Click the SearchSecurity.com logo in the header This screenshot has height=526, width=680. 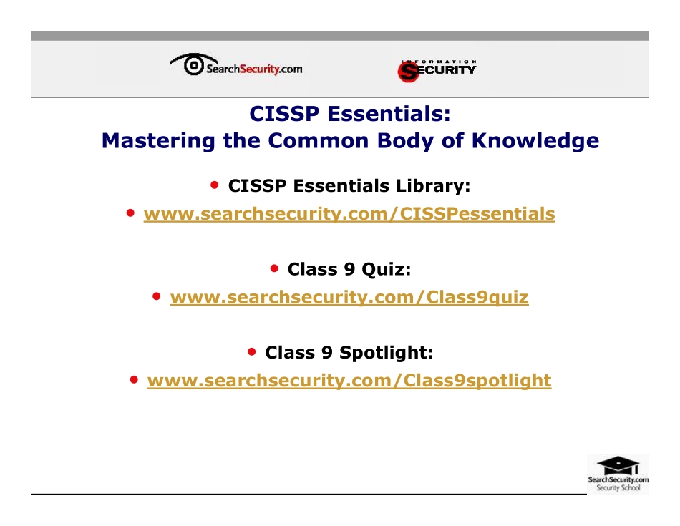pos(236,67)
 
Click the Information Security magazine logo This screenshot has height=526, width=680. pos(437,69)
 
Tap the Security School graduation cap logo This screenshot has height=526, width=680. pos(618,473)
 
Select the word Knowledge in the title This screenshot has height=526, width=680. pos(535,140)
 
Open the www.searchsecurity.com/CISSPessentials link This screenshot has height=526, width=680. pos(349,214)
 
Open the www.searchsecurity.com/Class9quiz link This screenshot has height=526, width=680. pos(349,297)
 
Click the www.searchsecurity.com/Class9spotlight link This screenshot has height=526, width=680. pos(349,380)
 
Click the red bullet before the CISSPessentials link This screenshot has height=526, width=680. pos(131,213)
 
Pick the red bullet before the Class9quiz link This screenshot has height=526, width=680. pos(157,296)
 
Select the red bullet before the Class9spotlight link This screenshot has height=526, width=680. pos(135,379)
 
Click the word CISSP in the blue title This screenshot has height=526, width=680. pos(281,114)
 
